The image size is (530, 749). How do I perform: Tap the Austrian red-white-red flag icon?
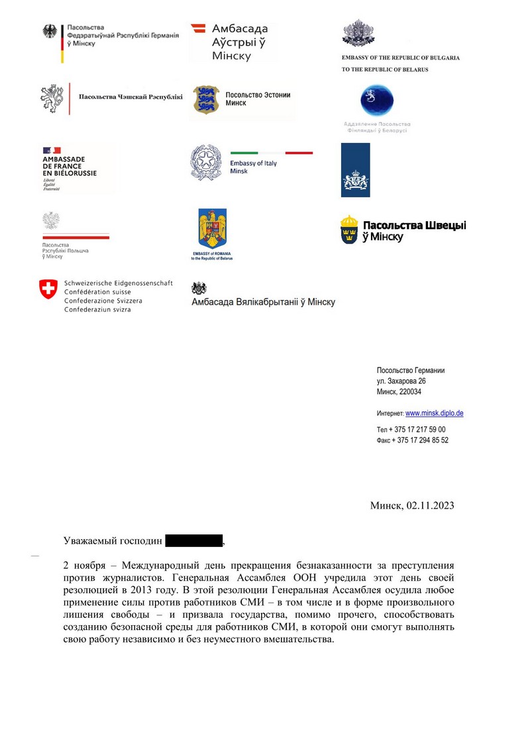(197, 28)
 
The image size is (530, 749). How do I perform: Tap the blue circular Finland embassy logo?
(376, 101)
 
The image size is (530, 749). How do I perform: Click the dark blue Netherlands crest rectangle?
(356, 170)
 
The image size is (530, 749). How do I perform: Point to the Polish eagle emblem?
(50, 221)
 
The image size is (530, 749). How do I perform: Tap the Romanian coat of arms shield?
(212, 229)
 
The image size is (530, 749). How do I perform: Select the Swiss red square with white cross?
(48, 288)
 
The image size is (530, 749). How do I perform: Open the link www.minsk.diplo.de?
(434, 413)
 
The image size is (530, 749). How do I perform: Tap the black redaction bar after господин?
(193, 541)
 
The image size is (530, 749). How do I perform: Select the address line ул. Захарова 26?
(401, 381)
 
